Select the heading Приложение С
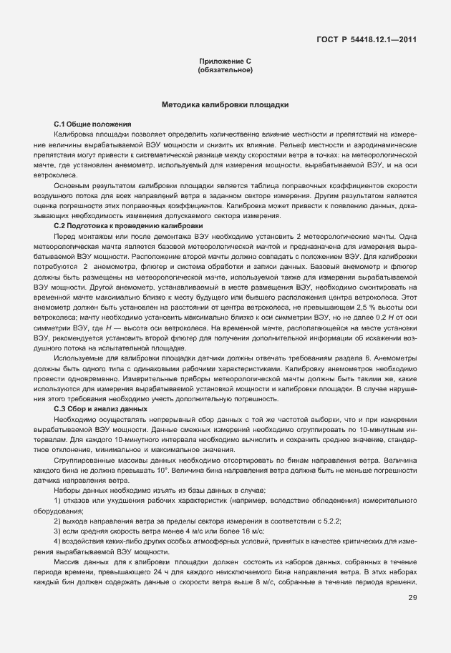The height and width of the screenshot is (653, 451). pyautogui.click(x=225, y=62)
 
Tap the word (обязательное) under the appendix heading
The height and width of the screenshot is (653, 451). pyautogui.click(x=225, y=71)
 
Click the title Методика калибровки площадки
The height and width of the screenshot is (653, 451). pyautogui.click(x=225, y=104)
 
